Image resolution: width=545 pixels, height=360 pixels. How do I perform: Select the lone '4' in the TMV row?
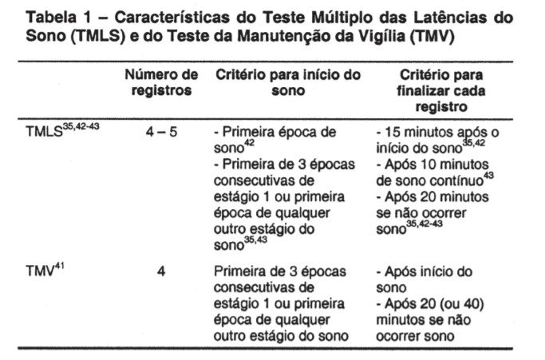click(x=161, y=271)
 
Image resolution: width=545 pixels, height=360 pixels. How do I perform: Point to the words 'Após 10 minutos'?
click(x=431, y=164)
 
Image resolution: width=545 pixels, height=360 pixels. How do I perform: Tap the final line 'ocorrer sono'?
click(x=412, y=335)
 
